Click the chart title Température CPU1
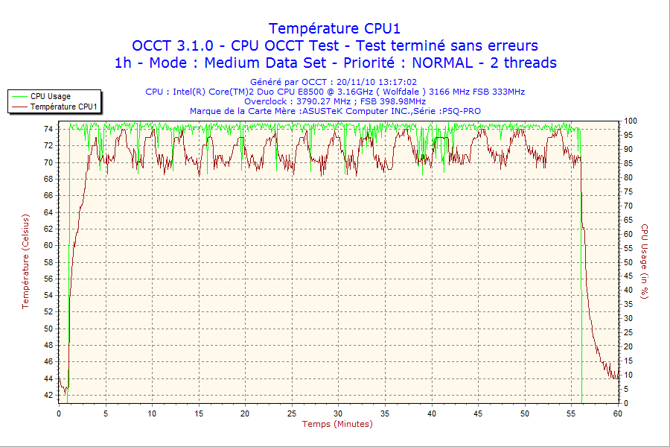point(334,28)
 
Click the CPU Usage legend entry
point(51,96)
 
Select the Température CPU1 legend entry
point(64,107)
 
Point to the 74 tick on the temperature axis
point(48,129)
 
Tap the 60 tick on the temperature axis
point(48,245)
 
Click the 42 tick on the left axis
point(48,395)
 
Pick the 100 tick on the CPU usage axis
point(630,121)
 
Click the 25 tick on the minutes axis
point(292,413)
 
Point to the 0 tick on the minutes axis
point(59,413)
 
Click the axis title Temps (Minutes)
point(336,424)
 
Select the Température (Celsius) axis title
point(25,261)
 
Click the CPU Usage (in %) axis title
point(645,261)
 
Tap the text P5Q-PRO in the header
point(462,111)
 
